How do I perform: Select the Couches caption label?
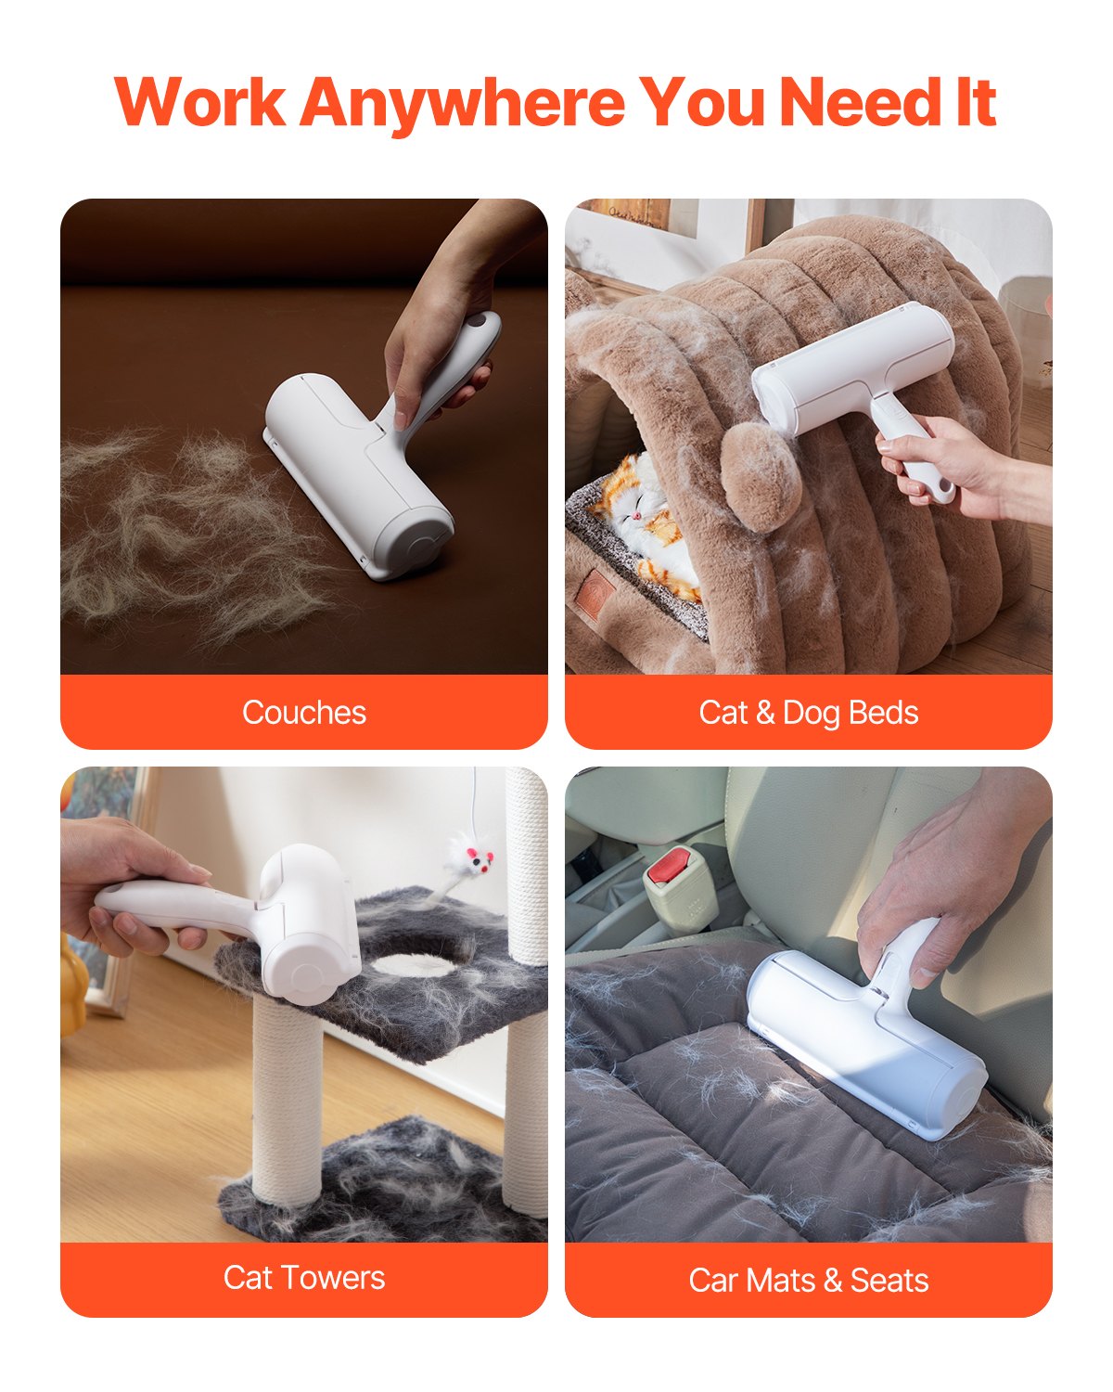(x=304, y=713)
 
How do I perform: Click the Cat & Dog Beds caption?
(x=809, y=713)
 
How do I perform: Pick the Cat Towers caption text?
(x=304, y=1278)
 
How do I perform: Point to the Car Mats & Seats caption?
(x=809, y=1281)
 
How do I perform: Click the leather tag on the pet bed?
(x=598, y=589)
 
